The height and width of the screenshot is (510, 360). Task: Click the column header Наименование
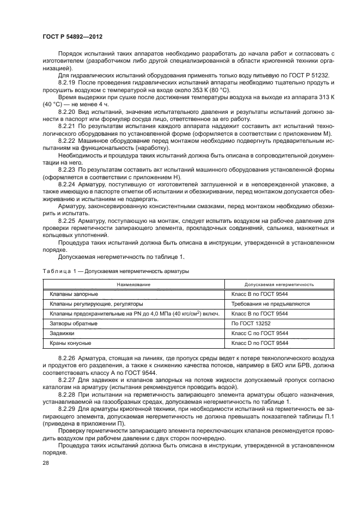coord(134,284)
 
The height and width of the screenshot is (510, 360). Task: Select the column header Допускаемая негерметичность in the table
coord(279,284)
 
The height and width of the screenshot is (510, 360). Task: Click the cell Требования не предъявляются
coord(270,304)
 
